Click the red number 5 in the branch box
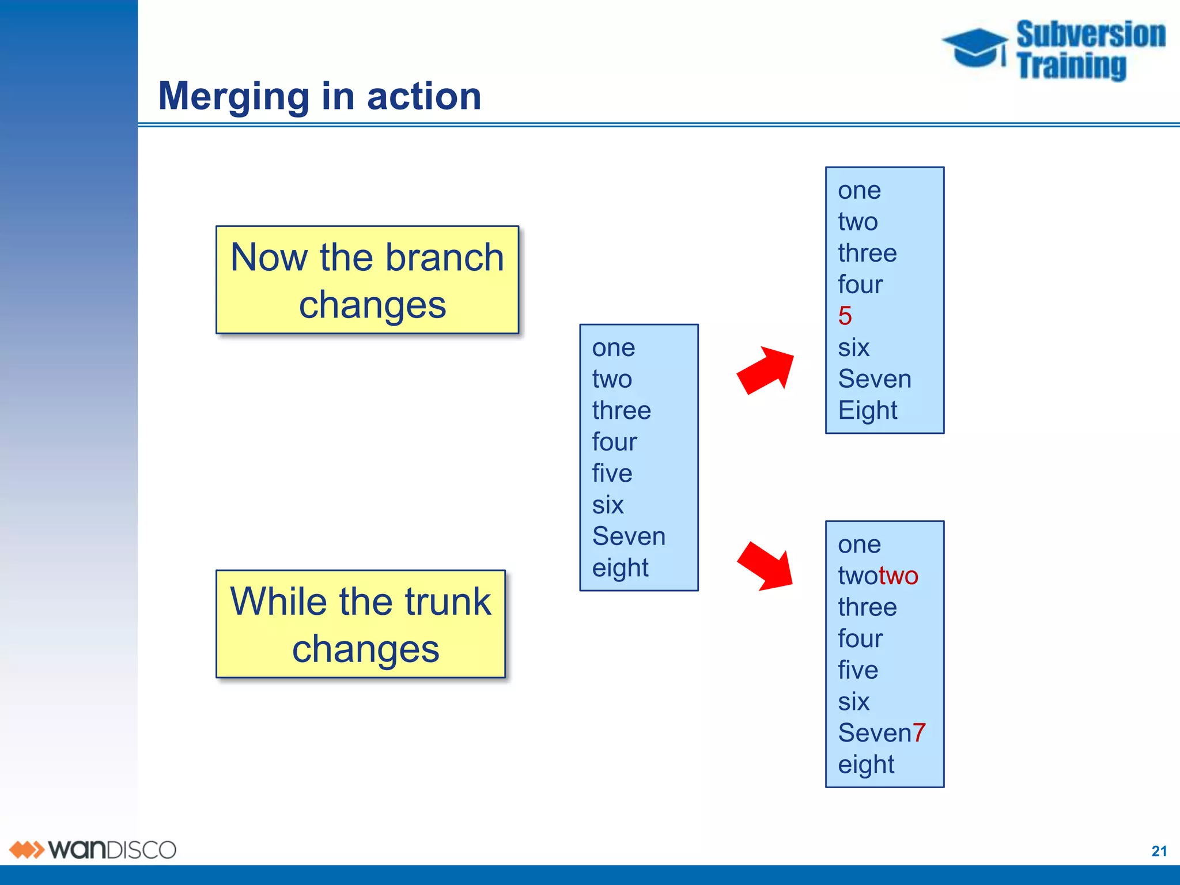point(845,316)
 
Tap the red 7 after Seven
point(919,733)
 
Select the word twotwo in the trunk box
point(878,576)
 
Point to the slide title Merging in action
point(320,96)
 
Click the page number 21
point(1159,851)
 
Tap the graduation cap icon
point(975,47)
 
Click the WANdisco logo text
point(112,850)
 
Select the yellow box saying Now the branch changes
point(367,280)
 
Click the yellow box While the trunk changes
point(361,624)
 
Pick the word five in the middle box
point(612,474)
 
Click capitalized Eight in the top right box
point(867,410)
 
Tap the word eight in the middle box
point(620,568)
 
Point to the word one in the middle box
point(614,348)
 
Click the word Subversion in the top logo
point(1090,34)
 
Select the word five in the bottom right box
point(858,670)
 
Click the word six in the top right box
point(853,347)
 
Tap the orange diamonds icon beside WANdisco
point(27,850)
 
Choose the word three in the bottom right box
point(867,607)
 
